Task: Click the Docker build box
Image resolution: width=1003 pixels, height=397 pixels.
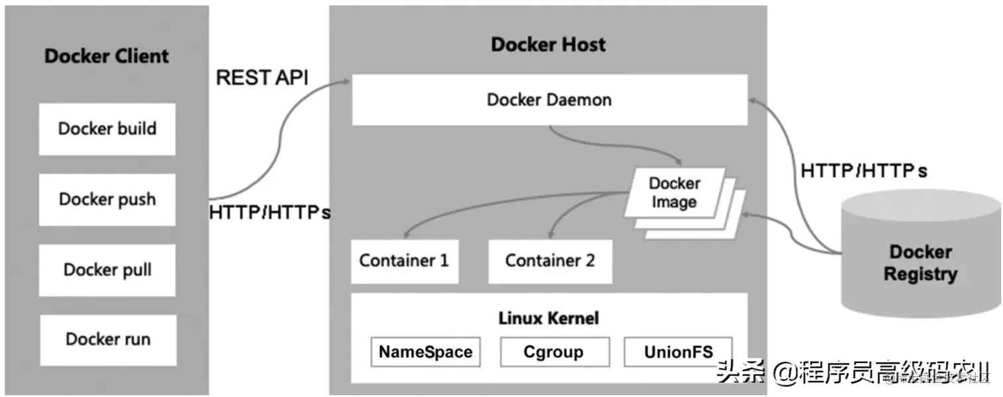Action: pyautogui.click(x=107, y=129)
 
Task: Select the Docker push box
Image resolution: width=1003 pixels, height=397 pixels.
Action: pyautogui.click(x=107, y=199)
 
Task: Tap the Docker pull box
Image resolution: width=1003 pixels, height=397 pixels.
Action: pyautogui.click(x=107, y=270)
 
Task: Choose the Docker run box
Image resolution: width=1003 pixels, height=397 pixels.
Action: pyautogui.click(x=107, y=340)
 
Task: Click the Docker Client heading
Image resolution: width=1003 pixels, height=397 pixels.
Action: pyautogui.click(x=107, y=56)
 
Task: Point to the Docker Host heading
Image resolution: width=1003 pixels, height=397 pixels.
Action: pyautogui.click(x=548, y=45)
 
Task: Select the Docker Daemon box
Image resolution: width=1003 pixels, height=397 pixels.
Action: pyautogui.click(x=549, y=100)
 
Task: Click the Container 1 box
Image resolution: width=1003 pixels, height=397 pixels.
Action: pyautogui.click(x=403, y=261)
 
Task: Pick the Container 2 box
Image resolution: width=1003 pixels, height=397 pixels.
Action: pyautogui.click(x=550, y=261)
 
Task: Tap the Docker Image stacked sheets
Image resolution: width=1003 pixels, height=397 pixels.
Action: pyautogui.click(x=674, y=194)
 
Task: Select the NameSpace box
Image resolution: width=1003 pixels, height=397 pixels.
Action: pyautogui.click(x=425, y=352)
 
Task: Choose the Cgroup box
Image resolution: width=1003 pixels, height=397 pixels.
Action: pyautogui.click(x=554, y=352)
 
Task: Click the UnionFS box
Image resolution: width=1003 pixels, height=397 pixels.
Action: pyautogui.click(x=678, y=352)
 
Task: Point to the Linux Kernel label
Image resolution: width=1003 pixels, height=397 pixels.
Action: pyautogui.click(x=549, y=319)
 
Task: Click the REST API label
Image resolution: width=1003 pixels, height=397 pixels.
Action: pyautogui.click(x=263, y=78)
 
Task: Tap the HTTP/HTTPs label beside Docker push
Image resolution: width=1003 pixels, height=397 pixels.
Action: pyautogui.click(x=269, y=213)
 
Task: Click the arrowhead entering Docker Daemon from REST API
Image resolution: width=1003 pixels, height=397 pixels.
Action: pyautogui.click(x=346, y=82)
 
